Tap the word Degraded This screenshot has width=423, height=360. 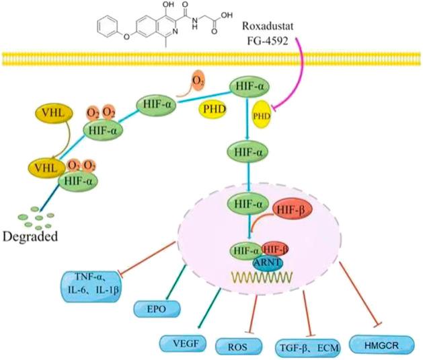click(x=32, y=236)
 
